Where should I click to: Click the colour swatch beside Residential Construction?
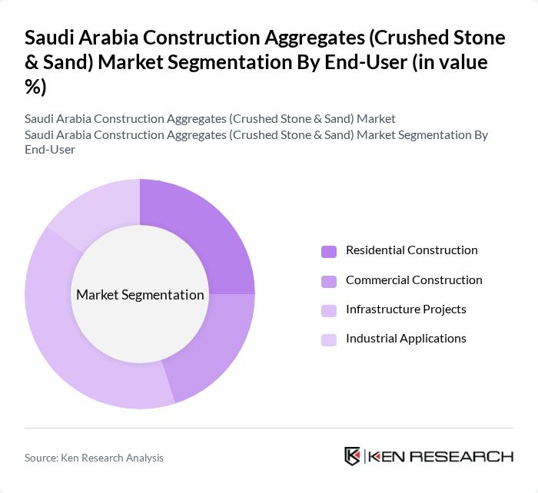coord(329,251)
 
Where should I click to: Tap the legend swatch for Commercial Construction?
coord(329,281)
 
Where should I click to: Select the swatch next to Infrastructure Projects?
coord(329,310)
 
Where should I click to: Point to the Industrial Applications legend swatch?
coord(329,339)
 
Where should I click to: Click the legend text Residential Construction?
coord(411,250)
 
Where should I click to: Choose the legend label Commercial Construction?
coord(413,280)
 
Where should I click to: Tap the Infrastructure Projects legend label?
coord(406,309)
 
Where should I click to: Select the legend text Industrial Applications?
coord(406,339)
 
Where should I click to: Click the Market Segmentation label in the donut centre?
coord(140,295)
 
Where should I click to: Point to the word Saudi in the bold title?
coord(51,39)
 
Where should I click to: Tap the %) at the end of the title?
coord(35,88)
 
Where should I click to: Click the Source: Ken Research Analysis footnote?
coord(94,458)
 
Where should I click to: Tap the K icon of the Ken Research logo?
coord(353,456)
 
